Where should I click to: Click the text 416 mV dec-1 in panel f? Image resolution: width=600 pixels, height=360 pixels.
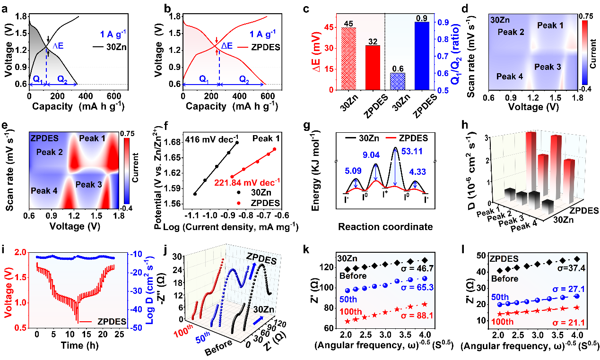coord(198,138)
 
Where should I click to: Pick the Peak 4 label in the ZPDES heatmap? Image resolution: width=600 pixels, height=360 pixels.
coord(45,191)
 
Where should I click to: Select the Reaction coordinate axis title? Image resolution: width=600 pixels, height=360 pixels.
coord(385,227)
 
